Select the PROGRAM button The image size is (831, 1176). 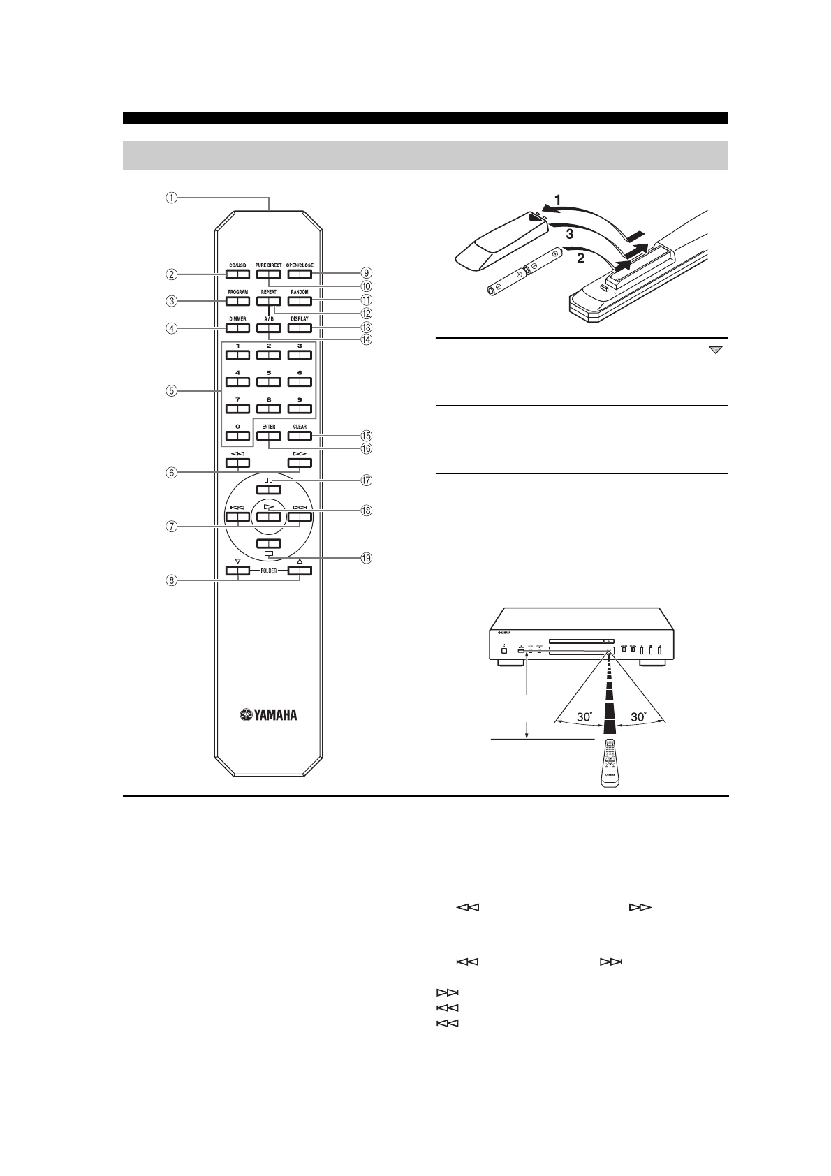[x=237, y=302]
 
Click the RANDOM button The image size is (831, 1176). [x=299, y=302]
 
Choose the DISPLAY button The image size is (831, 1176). [x=299, y=328]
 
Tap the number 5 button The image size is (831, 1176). [x=268, y=382]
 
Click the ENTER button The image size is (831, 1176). [x=268, y=436]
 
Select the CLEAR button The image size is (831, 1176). [x=299, y=436]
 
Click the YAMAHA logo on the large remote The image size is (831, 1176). [x=269, y=714]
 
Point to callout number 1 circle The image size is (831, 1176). [x=171, y=198]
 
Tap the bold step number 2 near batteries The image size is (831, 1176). [x=578, y=258]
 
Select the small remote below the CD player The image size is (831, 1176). [x=609, y=765]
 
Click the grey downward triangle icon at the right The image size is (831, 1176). [x=716, y=351]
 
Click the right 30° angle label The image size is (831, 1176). [x=640, y=716]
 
